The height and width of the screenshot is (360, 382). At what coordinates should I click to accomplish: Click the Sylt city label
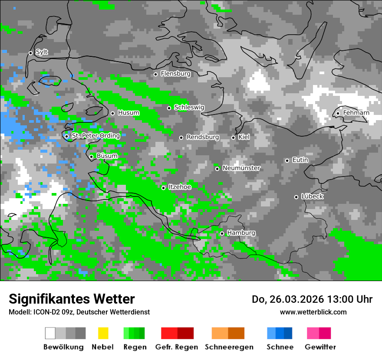coord(42,52)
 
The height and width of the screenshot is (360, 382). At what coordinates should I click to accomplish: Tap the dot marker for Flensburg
coord(155,74)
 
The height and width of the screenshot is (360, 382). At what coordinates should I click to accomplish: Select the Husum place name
coord(128,113)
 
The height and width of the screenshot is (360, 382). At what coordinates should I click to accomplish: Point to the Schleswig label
coord(189,107)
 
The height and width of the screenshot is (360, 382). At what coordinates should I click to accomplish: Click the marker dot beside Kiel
coord(233,137)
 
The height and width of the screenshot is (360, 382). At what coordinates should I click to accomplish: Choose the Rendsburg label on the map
coord(202,137)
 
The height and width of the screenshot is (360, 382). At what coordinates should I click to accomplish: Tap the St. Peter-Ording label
coord(95,136)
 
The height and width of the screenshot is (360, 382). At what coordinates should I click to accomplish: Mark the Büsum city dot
coord(91,157)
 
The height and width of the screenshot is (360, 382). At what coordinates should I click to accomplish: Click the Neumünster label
coord(241,168)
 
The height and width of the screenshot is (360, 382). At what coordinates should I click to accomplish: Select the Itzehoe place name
coord(180,187)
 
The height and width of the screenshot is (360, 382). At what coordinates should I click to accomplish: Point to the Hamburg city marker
coord(222,233)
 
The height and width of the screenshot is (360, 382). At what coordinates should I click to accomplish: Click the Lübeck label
coord(312,196)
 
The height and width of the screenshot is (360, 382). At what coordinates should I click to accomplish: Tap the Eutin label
coord(300,160)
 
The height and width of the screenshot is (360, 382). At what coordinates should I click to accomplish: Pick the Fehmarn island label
coord(356,113)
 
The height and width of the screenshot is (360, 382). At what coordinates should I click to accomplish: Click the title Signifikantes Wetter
coord(72,299)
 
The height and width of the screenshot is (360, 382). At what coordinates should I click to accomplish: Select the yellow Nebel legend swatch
coord(103,333)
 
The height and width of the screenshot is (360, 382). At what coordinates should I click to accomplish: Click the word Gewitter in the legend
coord(320,347)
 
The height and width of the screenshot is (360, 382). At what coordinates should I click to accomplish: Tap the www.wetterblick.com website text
coord(313,312)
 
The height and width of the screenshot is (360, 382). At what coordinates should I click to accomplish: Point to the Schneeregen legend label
coord(229,347)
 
